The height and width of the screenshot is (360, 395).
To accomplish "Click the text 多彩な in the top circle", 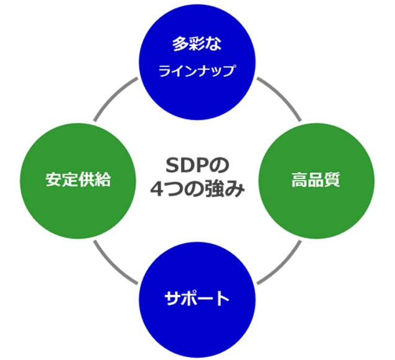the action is [197, 44].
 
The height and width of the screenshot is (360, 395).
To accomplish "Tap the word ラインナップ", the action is [197, 71].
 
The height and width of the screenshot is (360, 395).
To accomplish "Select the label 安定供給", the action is [78, 180].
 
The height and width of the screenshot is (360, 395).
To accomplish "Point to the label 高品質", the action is [316, 180].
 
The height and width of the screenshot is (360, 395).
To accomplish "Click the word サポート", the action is [197, 298].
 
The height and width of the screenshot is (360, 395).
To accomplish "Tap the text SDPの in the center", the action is [197, 165].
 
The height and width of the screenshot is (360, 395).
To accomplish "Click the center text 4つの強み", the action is [197, 189].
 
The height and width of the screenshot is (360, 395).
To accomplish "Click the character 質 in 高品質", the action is [332, 180].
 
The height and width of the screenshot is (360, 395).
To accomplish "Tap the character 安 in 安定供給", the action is [53, 180].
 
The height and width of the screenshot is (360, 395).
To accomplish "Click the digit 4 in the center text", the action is [157, 189].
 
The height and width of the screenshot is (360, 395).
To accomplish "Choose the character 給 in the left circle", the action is [103, 180].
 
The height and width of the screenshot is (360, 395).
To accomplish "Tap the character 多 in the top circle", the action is [180, 44].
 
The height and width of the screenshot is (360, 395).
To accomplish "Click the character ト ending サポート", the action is [223, 298].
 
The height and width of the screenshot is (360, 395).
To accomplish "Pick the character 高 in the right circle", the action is [300, 180].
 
